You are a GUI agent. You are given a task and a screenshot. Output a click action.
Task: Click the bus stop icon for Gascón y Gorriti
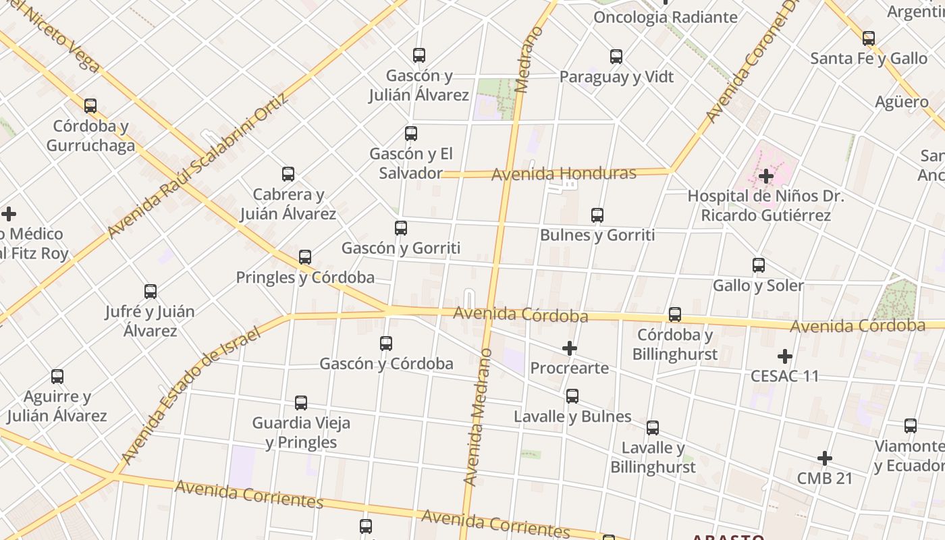401,228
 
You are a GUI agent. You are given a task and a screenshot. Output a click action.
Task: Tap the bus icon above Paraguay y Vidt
616,57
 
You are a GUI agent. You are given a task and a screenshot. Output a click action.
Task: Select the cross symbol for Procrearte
570,348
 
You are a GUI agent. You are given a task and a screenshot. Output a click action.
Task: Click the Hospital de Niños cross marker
765,176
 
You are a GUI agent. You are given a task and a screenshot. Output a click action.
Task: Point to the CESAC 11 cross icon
784,356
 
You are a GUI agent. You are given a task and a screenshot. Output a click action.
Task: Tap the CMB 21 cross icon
824,458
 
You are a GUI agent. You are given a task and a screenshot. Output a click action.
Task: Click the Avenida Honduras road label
564,174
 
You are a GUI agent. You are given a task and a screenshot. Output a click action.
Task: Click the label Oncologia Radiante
665,18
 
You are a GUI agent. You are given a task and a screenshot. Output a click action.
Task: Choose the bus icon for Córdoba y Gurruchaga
90,106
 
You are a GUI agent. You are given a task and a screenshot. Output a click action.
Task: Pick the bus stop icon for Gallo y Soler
759,265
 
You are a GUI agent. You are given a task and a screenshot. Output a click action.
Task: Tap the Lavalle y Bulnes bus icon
572,396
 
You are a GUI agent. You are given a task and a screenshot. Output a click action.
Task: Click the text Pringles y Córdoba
305,277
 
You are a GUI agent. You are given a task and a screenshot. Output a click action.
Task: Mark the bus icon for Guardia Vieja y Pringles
301,403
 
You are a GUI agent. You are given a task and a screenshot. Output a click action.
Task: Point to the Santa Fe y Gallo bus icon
869,38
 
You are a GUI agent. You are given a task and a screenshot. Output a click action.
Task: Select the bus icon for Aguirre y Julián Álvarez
57,377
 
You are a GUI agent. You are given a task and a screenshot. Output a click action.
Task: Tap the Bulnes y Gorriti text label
597,236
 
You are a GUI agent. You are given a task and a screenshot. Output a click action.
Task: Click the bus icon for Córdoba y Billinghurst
675,315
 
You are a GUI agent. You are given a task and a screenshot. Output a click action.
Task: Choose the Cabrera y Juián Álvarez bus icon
288,174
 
